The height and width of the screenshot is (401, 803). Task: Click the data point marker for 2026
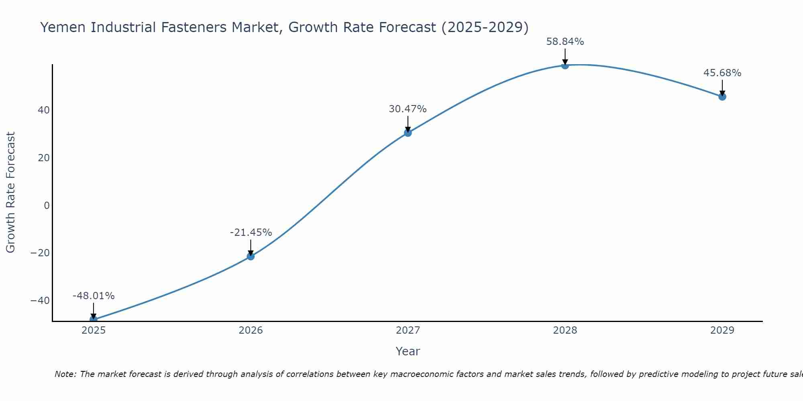point(251,256)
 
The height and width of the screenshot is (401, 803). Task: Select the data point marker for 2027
point(408,133)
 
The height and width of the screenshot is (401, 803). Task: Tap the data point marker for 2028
point(565,65)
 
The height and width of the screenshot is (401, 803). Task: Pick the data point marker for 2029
point(722,97)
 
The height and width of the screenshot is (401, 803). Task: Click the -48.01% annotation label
point(94,296)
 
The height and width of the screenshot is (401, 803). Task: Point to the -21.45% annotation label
point(251,233)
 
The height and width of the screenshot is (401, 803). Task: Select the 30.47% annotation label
point(408,109)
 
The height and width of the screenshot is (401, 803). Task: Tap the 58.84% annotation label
point(565,42)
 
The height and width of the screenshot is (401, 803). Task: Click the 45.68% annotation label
point(722,73)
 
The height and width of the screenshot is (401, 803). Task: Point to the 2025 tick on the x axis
point(94,330)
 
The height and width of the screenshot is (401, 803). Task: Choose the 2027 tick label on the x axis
point(408,330)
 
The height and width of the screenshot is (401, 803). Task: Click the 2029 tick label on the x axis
point(722,330)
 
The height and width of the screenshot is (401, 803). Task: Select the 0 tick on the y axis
point(47,206)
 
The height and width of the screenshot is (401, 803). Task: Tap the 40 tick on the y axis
point(44,110)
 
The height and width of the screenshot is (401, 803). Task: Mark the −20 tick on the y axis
point(40,253)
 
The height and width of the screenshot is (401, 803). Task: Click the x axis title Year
point(408,351)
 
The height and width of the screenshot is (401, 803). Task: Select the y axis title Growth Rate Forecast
point(11,192)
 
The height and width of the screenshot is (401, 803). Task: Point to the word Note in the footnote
point(65,375)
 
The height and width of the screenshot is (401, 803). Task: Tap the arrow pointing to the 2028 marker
point(565,57)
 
